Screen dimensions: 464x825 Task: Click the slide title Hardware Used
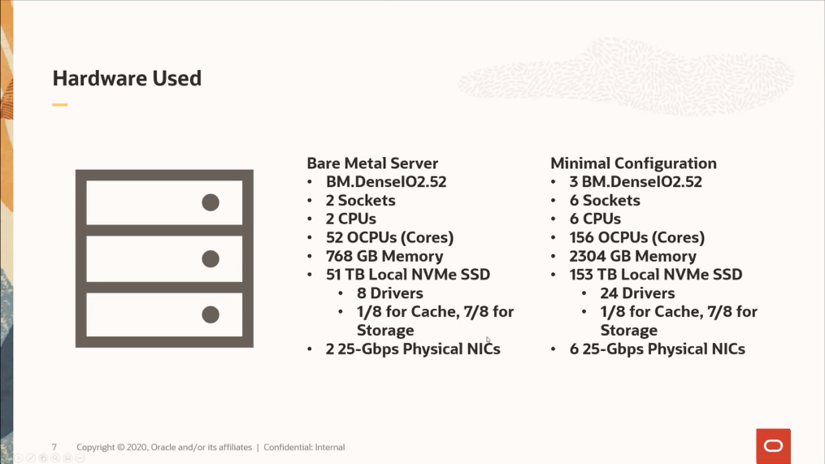127,79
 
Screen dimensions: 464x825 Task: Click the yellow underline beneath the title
60,105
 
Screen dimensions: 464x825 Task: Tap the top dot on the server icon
211,202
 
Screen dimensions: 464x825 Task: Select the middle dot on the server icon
211,258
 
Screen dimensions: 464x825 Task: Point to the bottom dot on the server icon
211,314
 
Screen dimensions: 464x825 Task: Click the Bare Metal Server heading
372,163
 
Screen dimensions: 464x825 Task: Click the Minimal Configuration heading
633,163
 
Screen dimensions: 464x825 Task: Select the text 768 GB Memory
384,256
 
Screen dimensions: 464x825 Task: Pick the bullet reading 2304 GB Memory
632,256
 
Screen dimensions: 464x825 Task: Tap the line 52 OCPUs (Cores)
389,237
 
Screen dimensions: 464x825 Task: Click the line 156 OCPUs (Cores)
636,237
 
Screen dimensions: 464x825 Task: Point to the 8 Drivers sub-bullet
389,293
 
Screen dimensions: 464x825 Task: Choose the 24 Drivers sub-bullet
637,293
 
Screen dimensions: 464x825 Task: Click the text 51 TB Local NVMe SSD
407,275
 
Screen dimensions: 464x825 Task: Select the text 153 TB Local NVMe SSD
655,275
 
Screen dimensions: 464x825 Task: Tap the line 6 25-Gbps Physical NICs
657,349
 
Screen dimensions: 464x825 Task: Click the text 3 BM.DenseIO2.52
635,182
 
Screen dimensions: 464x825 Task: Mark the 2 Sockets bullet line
360,201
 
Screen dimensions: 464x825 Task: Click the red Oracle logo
773,446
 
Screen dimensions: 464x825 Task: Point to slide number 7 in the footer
54,448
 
